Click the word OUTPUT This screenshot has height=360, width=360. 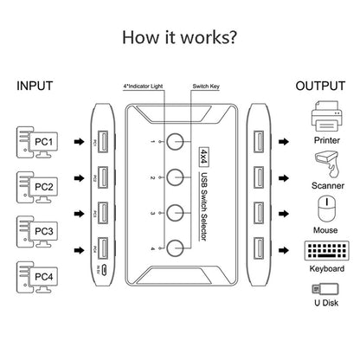(x=321, y=87)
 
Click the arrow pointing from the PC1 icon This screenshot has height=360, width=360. (x=79, y=140)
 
